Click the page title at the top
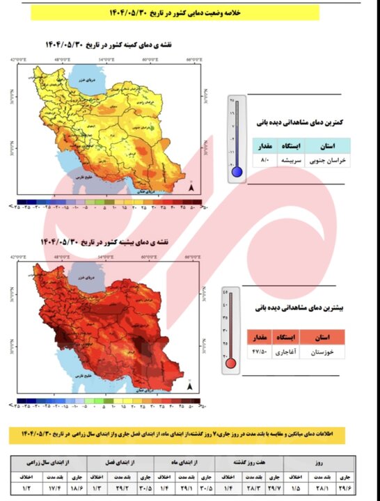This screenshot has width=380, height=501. click(x=190, y=13)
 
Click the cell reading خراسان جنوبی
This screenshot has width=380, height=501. click(x=326, y=160)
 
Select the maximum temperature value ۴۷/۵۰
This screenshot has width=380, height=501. click(x=260, y=353)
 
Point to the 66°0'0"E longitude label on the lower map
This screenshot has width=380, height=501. click(x=193, y=255)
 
